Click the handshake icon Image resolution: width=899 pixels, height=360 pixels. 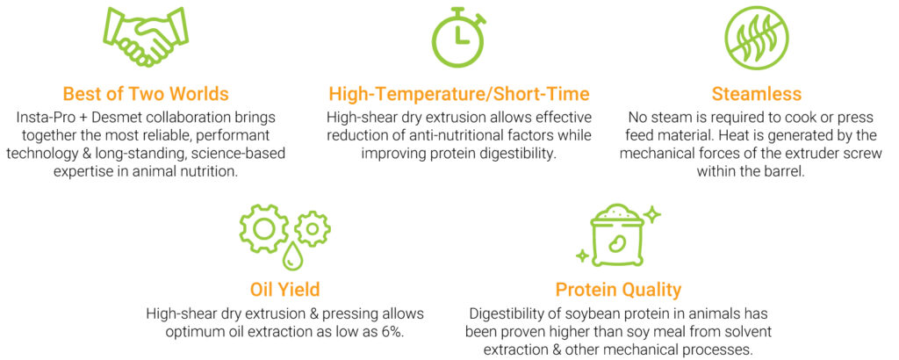point(147,37)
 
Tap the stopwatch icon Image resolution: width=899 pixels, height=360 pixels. point(458,37)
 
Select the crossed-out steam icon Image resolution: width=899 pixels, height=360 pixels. point(756,38)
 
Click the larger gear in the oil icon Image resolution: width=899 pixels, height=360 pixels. point(264,229)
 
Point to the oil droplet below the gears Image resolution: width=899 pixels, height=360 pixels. point(290,256)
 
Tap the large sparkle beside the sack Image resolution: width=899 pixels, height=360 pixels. point(651,215)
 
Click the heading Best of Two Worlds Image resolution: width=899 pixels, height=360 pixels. point(146,93)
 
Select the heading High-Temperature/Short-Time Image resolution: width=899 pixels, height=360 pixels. point(458,94)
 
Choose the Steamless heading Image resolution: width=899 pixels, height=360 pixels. point(756,93)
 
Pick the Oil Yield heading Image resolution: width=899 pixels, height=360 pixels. point(285,290)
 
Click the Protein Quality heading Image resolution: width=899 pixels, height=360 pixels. point(618,290)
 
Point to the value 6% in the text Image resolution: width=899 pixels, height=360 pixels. point(392,333)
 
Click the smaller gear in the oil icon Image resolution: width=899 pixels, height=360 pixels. point(313,228)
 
